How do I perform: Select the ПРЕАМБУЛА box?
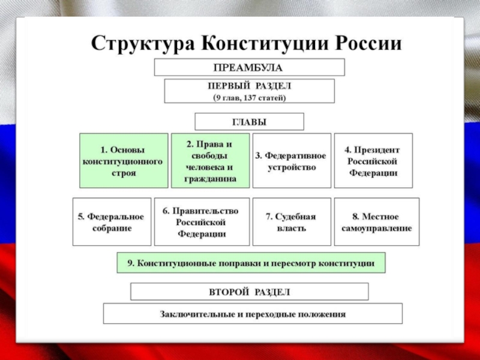pyautogui.click(x=249, y=67)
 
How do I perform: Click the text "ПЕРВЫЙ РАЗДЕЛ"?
pyautogui.click(x=249, y=86)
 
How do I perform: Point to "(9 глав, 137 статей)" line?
pyautogui.click(x=249, y=97)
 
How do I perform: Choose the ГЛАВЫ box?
pyautogui.click(x=249, y=122)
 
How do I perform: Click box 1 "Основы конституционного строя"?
pyautogui.click(x=123, y=161)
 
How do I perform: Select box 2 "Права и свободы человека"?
pyautogui.click(x=210, y=161)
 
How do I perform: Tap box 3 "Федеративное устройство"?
pyautogui.click(x=292, y=161)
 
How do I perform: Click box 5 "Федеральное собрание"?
pyautogui.click(x=112, y=222)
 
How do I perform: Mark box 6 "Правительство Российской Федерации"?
pyautogui.click(x=201, y=222)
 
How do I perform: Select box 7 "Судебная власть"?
pyautogui.click(x=292, y=222)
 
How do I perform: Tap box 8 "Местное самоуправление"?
pyautogui.click(x=376, y=222)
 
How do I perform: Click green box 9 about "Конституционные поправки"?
pyautogui.click(x=250, y=263)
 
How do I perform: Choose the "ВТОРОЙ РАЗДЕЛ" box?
pyautogui.click(x=249, y=292)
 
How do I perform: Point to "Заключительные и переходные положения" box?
pyautogui.click(x=253, y=314)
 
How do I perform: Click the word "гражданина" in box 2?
pyautogui.click(x=211, y=179)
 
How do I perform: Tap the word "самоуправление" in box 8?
pyautogui.click(x=377, y=229)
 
